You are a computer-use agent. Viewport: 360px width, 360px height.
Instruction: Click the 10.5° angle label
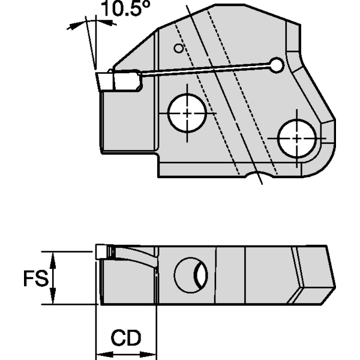click(123, 10)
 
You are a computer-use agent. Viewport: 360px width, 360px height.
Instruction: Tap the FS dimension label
click(35, 279)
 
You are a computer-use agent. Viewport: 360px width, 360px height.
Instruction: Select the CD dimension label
click(126, 338)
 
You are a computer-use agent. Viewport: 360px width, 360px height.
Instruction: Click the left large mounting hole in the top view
click(188, 112)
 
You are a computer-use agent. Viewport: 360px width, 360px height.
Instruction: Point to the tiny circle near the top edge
click(177, 48)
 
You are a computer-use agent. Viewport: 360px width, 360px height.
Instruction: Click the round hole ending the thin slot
click(275, 64)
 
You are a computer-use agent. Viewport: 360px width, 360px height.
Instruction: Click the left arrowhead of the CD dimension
click(101, 352)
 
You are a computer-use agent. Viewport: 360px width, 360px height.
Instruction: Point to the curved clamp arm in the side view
click(135, 256)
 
